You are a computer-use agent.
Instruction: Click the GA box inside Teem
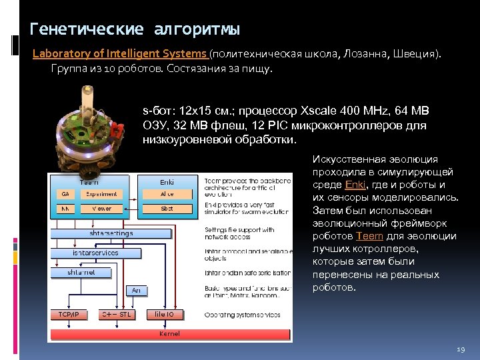[65, 194]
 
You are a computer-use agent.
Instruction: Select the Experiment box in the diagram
[101, 194]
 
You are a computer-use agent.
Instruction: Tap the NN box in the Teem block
[65, 209]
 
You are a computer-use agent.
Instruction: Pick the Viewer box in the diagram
[101, 209]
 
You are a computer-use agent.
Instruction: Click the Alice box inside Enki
[167, 194]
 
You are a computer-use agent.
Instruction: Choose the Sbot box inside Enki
[167, 209]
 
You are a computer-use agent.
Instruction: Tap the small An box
[136, 291]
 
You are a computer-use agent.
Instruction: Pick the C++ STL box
[115, 314]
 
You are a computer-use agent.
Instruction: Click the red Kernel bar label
[169, 333]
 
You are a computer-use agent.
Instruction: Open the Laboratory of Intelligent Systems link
[120, 53]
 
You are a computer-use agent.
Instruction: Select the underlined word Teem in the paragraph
[369, 236]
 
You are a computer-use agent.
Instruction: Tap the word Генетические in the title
[87, 30]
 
